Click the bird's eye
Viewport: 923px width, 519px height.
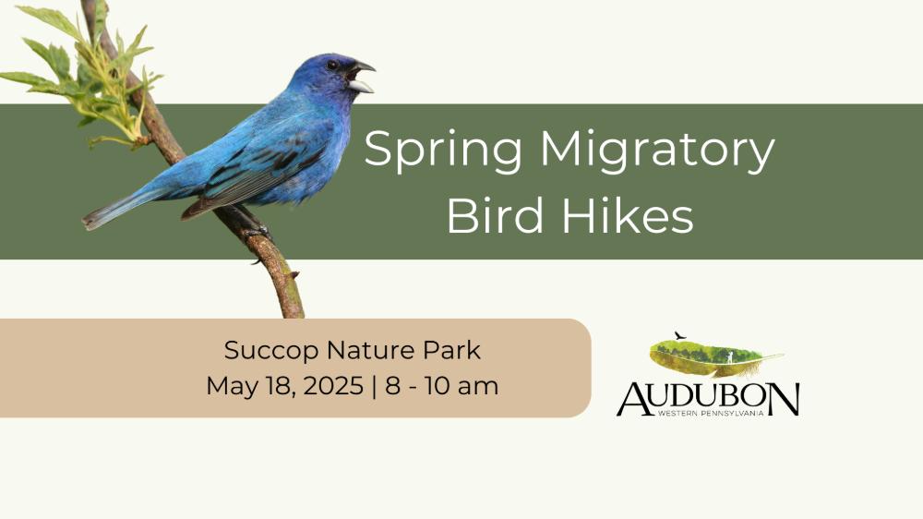332,65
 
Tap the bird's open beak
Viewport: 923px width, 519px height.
361,77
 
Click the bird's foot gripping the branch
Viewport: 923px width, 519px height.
257,230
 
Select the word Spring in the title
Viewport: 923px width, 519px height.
443,151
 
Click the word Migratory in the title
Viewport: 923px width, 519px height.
657,151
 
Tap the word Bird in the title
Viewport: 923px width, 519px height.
495,215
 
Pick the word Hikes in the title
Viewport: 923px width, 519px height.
628,215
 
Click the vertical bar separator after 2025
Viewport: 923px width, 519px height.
375,386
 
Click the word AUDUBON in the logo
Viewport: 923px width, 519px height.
708,399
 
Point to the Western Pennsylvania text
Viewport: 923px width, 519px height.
711,413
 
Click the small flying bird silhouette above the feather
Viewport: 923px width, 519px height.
680,336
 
